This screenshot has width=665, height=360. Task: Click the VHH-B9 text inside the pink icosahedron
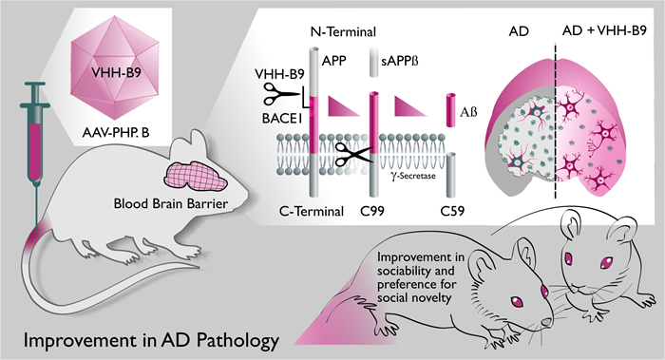click(x=116, y=72)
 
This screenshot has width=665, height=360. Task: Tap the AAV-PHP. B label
click(x=116, y=133)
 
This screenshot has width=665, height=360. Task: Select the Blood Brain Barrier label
click(x=170, y=204)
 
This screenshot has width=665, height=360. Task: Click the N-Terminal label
click(x=343, y=31)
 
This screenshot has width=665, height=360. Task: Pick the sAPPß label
click(x=400, y=61)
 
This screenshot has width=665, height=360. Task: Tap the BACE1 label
click(x=281, y=119)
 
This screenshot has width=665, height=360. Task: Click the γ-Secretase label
click(x=412, y=175)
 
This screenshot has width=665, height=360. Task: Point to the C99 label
click(x=371, y=210)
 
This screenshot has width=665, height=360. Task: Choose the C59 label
click(x=451, y=210)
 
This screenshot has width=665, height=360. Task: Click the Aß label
click(x=468, y=112)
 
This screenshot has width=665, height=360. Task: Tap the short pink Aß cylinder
click(x=451, y=110)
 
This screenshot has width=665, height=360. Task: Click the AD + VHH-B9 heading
click(x=604, y=31)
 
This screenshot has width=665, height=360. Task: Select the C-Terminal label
click(x=312, y=211)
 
